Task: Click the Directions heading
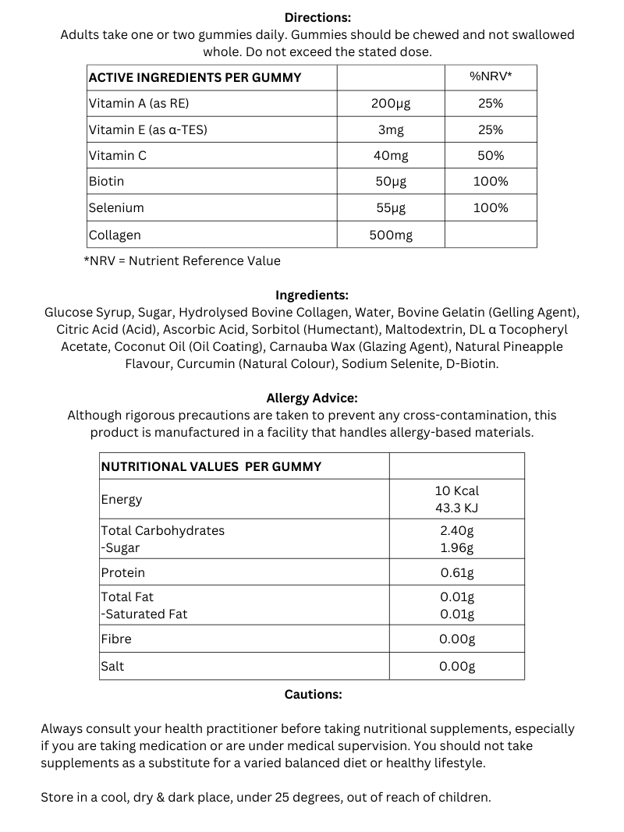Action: point(317,17)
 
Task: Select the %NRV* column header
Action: point(491,77)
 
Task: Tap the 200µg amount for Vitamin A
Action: point(391,103)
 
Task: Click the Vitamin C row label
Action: point(118,155)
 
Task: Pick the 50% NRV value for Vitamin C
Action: point(491,155)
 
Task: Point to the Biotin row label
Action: point(107,181)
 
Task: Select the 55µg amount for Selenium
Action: point(391,207)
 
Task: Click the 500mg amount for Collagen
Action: point(391,235)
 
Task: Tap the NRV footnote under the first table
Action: point(182,260)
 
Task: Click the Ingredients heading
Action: point(312,296)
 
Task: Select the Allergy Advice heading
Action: point(312,398)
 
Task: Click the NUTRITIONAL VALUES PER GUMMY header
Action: point(211,466)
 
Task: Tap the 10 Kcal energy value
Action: point(457,490)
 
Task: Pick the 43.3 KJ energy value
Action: point(457,508)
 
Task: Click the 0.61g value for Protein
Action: point(457,572)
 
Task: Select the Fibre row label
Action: point(116,639)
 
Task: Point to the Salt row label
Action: point(112,666)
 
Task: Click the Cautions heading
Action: point(313,694)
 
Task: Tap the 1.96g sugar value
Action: point(457,547)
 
